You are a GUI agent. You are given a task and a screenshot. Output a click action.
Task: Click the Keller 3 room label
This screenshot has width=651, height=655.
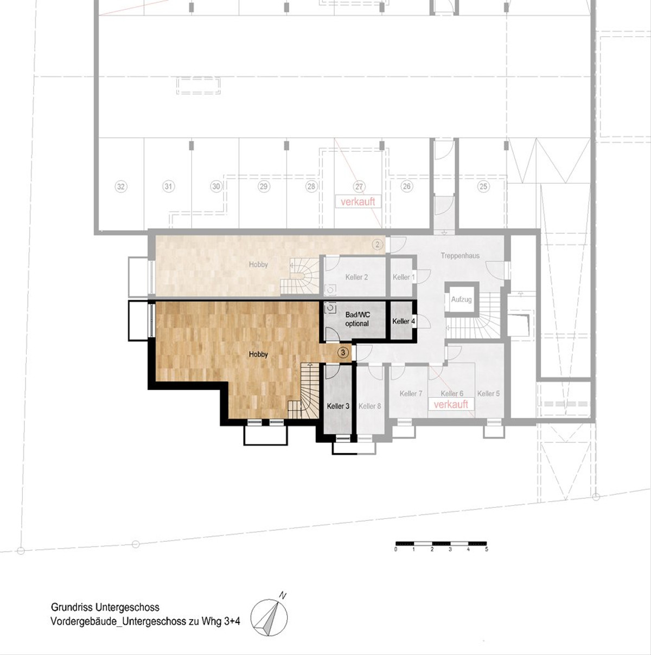click(338, 406)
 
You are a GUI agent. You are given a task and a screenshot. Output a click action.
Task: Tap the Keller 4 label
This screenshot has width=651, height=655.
click(404, 321)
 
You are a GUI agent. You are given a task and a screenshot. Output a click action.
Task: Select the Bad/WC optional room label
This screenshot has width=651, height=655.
click(358, 319)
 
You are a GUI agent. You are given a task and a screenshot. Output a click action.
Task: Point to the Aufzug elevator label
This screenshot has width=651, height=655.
click(461, 300)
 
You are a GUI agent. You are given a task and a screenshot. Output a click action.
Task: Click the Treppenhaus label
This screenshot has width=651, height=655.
click(460, 256)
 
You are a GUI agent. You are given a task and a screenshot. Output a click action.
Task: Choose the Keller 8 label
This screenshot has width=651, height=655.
click(370, 406)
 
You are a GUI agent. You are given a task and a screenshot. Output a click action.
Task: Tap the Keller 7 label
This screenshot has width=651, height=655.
click(411, 393)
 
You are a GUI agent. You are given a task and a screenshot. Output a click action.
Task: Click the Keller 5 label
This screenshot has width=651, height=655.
click(488, 393)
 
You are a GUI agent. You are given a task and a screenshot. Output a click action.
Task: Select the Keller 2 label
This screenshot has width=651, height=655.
click(356, 277)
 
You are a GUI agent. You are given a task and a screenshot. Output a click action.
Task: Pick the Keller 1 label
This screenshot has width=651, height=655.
click(404, 277)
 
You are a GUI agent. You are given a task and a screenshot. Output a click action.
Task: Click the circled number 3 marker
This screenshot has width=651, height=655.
click(343, 353)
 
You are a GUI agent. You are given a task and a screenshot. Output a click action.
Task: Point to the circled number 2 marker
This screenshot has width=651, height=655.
click(378, 244)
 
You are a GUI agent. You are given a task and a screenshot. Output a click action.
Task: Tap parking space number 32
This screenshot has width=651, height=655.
click(120, 187)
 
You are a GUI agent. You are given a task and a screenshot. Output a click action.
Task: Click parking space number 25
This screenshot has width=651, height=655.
click(483, 186)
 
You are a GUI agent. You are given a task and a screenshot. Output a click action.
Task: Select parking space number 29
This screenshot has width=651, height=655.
click(264, 186)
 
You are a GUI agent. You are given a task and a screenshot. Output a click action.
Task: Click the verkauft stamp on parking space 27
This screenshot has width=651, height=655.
click(358, 201)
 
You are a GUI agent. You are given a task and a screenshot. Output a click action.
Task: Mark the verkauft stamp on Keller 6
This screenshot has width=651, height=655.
click(451, 404)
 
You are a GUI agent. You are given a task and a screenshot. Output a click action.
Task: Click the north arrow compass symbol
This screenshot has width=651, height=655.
click(269, 616)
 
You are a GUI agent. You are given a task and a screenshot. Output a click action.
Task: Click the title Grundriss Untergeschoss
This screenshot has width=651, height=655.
click(105, 607)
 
